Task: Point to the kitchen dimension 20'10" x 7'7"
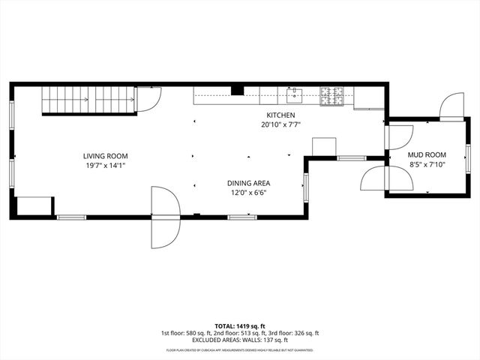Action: [280, 124]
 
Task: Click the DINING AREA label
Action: [248, 183]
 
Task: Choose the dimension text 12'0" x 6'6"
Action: [248, 193]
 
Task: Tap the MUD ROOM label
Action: [427, 154]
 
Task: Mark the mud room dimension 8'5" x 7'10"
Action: [427, 164]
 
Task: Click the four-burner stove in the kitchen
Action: [331, 95]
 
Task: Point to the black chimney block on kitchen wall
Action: [237, 91]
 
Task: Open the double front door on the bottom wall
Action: [165, 217]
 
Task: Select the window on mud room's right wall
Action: [467, 157]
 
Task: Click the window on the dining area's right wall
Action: [304, 187]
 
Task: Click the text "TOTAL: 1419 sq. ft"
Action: [239, 326]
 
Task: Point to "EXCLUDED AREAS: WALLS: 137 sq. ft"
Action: [239, 340]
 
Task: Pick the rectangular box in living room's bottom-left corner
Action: [34, 206]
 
